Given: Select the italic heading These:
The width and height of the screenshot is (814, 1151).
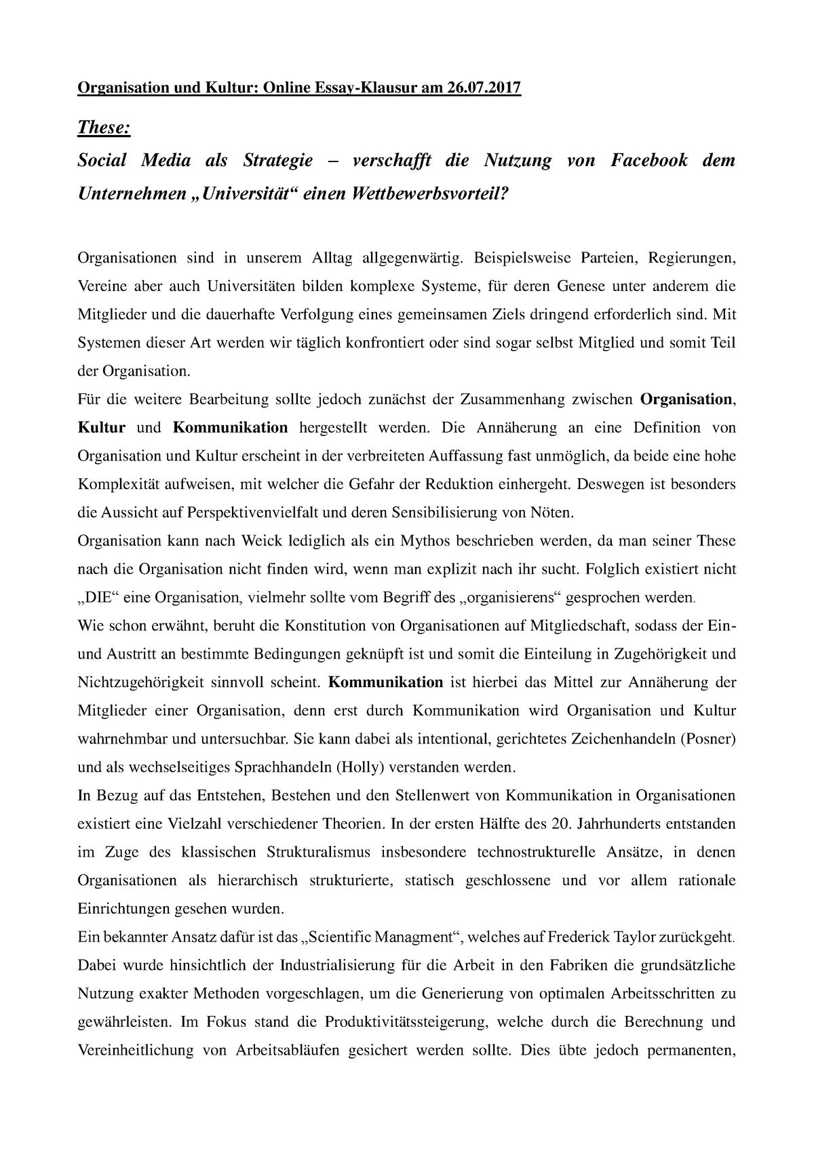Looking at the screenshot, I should click(104, 127).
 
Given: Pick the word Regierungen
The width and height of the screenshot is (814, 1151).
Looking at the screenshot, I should click(691, 258).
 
